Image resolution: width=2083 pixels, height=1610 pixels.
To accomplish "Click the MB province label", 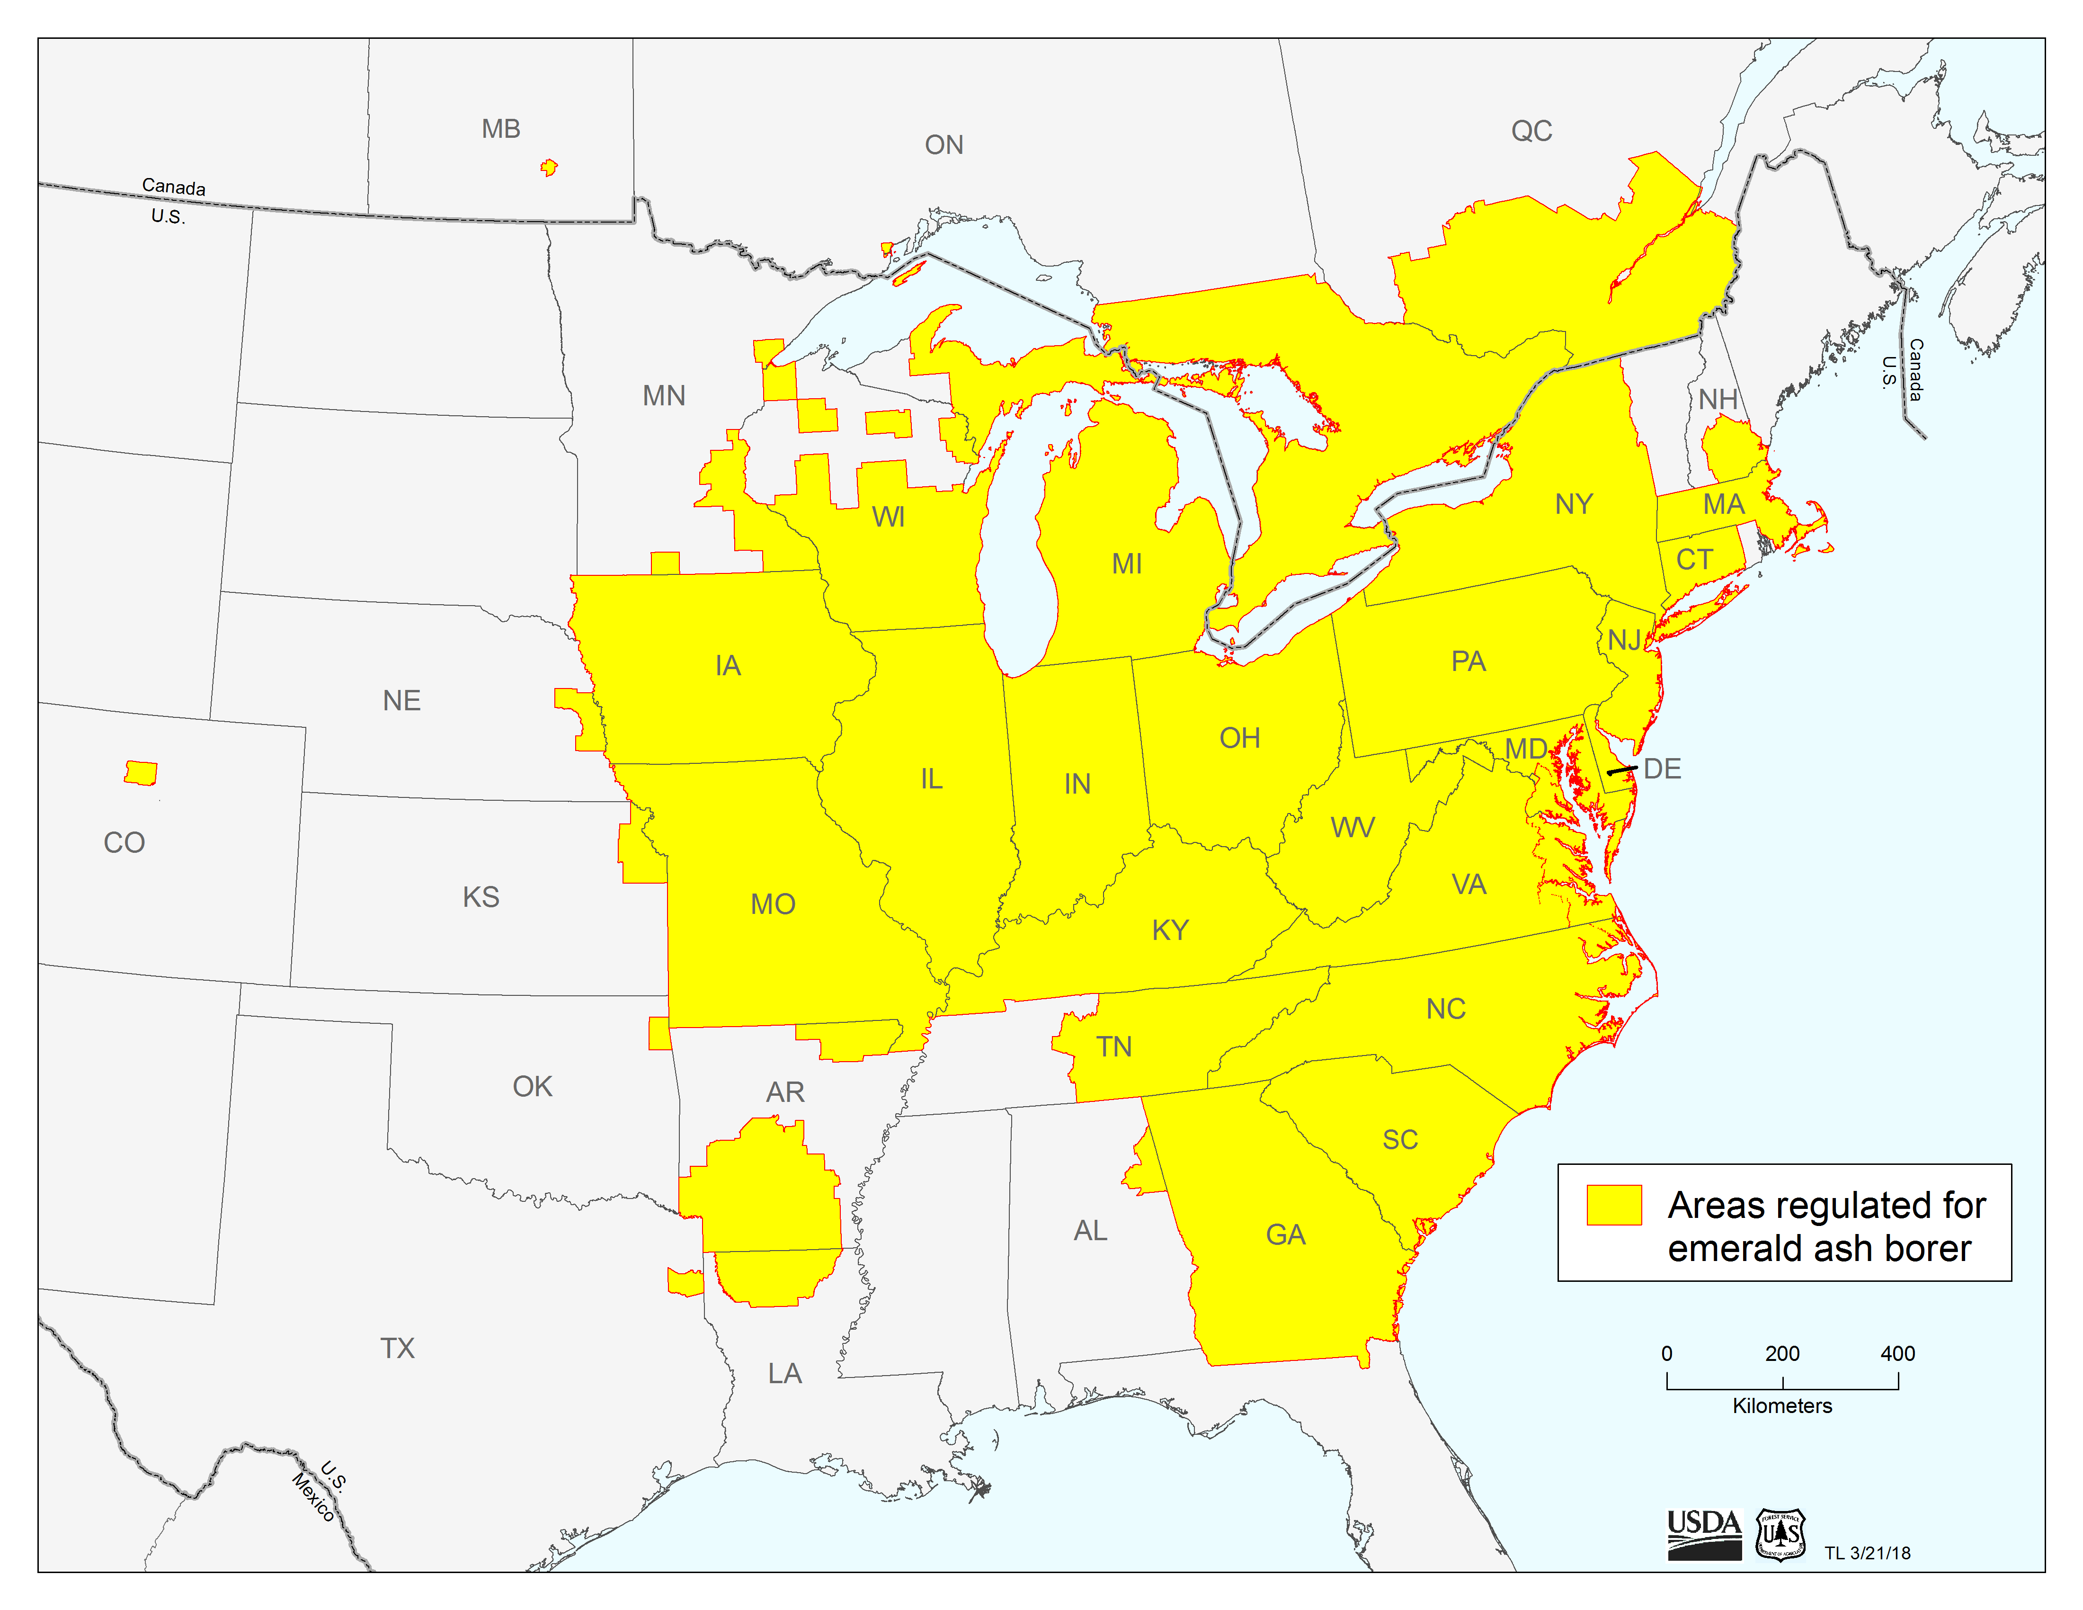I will coord(501,129).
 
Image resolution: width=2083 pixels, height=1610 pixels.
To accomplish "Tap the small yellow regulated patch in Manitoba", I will coord(548,168).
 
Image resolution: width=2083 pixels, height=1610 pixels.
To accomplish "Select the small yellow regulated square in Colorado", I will coord(141,773).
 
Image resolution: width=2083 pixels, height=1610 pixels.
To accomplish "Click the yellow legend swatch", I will coord(1614,1205).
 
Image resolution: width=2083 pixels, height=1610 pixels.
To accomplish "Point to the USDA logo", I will coord(1703,1534).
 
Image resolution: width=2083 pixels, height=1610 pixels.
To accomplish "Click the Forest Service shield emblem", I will coord(1780,1534).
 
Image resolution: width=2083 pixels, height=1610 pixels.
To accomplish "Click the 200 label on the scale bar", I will coord(1781,1353).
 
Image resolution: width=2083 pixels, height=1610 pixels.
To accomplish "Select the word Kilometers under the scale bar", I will coord(1781,1406).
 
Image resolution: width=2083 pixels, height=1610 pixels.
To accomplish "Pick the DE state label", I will coord(1663,769).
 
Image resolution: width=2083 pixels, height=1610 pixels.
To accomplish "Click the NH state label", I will coord(1718,399).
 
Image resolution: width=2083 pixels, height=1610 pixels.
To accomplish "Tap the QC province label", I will coord(1532,131).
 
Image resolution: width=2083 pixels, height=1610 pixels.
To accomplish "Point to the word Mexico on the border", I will coord(313,1497).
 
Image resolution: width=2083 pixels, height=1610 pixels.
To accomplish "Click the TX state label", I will coord(398,1348).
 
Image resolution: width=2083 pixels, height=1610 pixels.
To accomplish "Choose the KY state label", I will coord(1170,930).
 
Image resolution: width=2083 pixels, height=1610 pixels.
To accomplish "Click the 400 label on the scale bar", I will coord(1897,1353).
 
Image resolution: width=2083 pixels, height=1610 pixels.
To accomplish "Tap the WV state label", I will coord(1353,827).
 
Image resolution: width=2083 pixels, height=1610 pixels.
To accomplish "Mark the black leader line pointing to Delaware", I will coord(1622,769).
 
